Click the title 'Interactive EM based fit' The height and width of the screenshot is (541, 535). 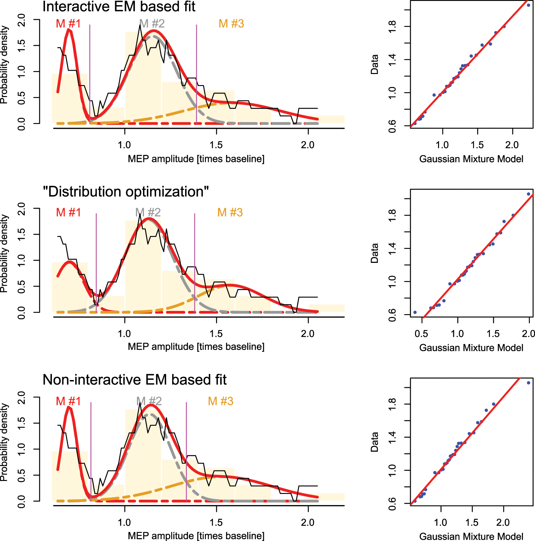coord(119,7)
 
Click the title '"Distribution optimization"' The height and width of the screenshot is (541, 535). coord(126,192)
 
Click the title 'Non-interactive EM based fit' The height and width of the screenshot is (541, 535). coord(134,380)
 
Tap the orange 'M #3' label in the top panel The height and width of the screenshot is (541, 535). coord(231,24)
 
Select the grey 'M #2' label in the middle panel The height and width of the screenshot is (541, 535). coord(148,213)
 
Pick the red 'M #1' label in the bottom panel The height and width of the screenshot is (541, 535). coord(68,401)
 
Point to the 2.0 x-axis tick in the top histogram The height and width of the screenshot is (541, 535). coord(307,145)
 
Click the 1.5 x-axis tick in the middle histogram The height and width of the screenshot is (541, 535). coord(216,334)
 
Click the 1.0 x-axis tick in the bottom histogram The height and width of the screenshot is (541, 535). coord(125,523)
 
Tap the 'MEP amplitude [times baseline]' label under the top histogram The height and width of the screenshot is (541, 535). coord(196,159)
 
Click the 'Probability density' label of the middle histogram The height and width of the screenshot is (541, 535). coord(4,253)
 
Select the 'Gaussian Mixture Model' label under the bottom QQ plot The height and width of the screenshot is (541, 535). coord(471,536)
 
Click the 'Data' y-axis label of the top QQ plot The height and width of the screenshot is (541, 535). coord(374,64)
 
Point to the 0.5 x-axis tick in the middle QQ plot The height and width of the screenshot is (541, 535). coord(421,334)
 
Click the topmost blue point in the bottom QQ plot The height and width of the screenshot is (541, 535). coord(529,383)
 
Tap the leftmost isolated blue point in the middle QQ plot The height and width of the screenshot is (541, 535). coord(415,312)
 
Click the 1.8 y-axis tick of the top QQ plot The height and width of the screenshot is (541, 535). coord(392,27)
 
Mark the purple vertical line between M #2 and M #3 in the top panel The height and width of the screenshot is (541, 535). coord(196,75)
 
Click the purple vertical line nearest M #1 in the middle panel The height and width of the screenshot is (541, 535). coord(96,260)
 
